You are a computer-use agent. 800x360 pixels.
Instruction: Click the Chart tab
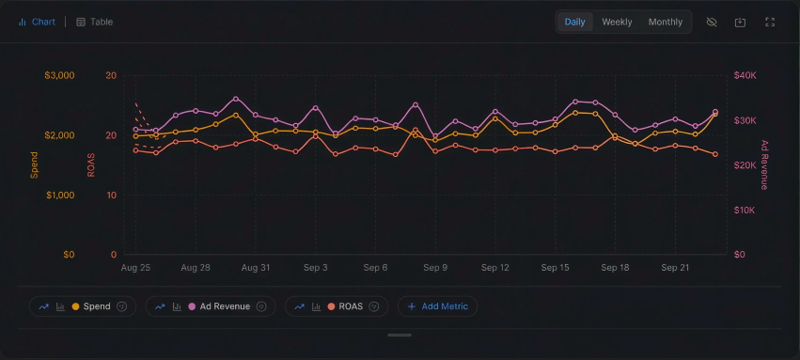(37, 22)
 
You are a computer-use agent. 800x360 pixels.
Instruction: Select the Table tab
(94, 22)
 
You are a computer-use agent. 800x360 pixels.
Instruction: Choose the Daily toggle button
(574, 22)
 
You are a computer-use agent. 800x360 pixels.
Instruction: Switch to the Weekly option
(617, 22)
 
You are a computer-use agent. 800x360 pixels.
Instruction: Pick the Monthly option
(666, 22)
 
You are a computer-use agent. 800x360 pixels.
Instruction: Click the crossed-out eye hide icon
(712, 22)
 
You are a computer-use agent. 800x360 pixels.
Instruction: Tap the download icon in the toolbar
(741, 22)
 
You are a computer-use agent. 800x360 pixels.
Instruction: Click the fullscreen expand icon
(770, 22)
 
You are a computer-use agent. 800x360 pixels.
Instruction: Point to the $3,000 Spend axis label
(59, 75)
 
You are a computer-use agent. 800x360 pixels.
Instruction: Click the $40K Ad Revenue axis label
(745, 75)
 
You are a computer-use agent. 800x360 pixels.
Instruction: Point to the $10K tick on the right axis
(745, 211)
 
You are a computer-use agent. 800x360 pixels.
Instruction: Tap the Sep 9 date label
(435, 268)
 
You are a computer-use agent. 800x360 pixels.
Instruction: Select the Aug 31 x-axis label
(256, 268)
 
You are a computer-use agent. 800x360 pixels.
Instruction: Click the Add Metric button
(438, 306)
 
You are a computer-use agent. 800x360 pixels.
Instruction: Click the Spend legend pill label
(97, 306)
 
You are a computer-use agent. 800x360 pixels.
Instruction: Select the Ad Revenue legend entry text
(225, 306)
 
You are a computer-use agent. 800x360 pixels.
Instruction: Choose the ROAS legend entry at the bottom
(351, 306)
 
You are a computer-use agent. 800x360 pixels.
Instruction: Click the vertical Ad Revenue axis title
(764, 164)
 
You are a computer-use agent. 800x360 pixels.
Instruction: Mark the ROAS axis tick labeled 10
(111, 196)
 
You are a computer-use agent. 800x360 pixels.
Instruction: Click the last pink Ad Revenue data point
(715, 112)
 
